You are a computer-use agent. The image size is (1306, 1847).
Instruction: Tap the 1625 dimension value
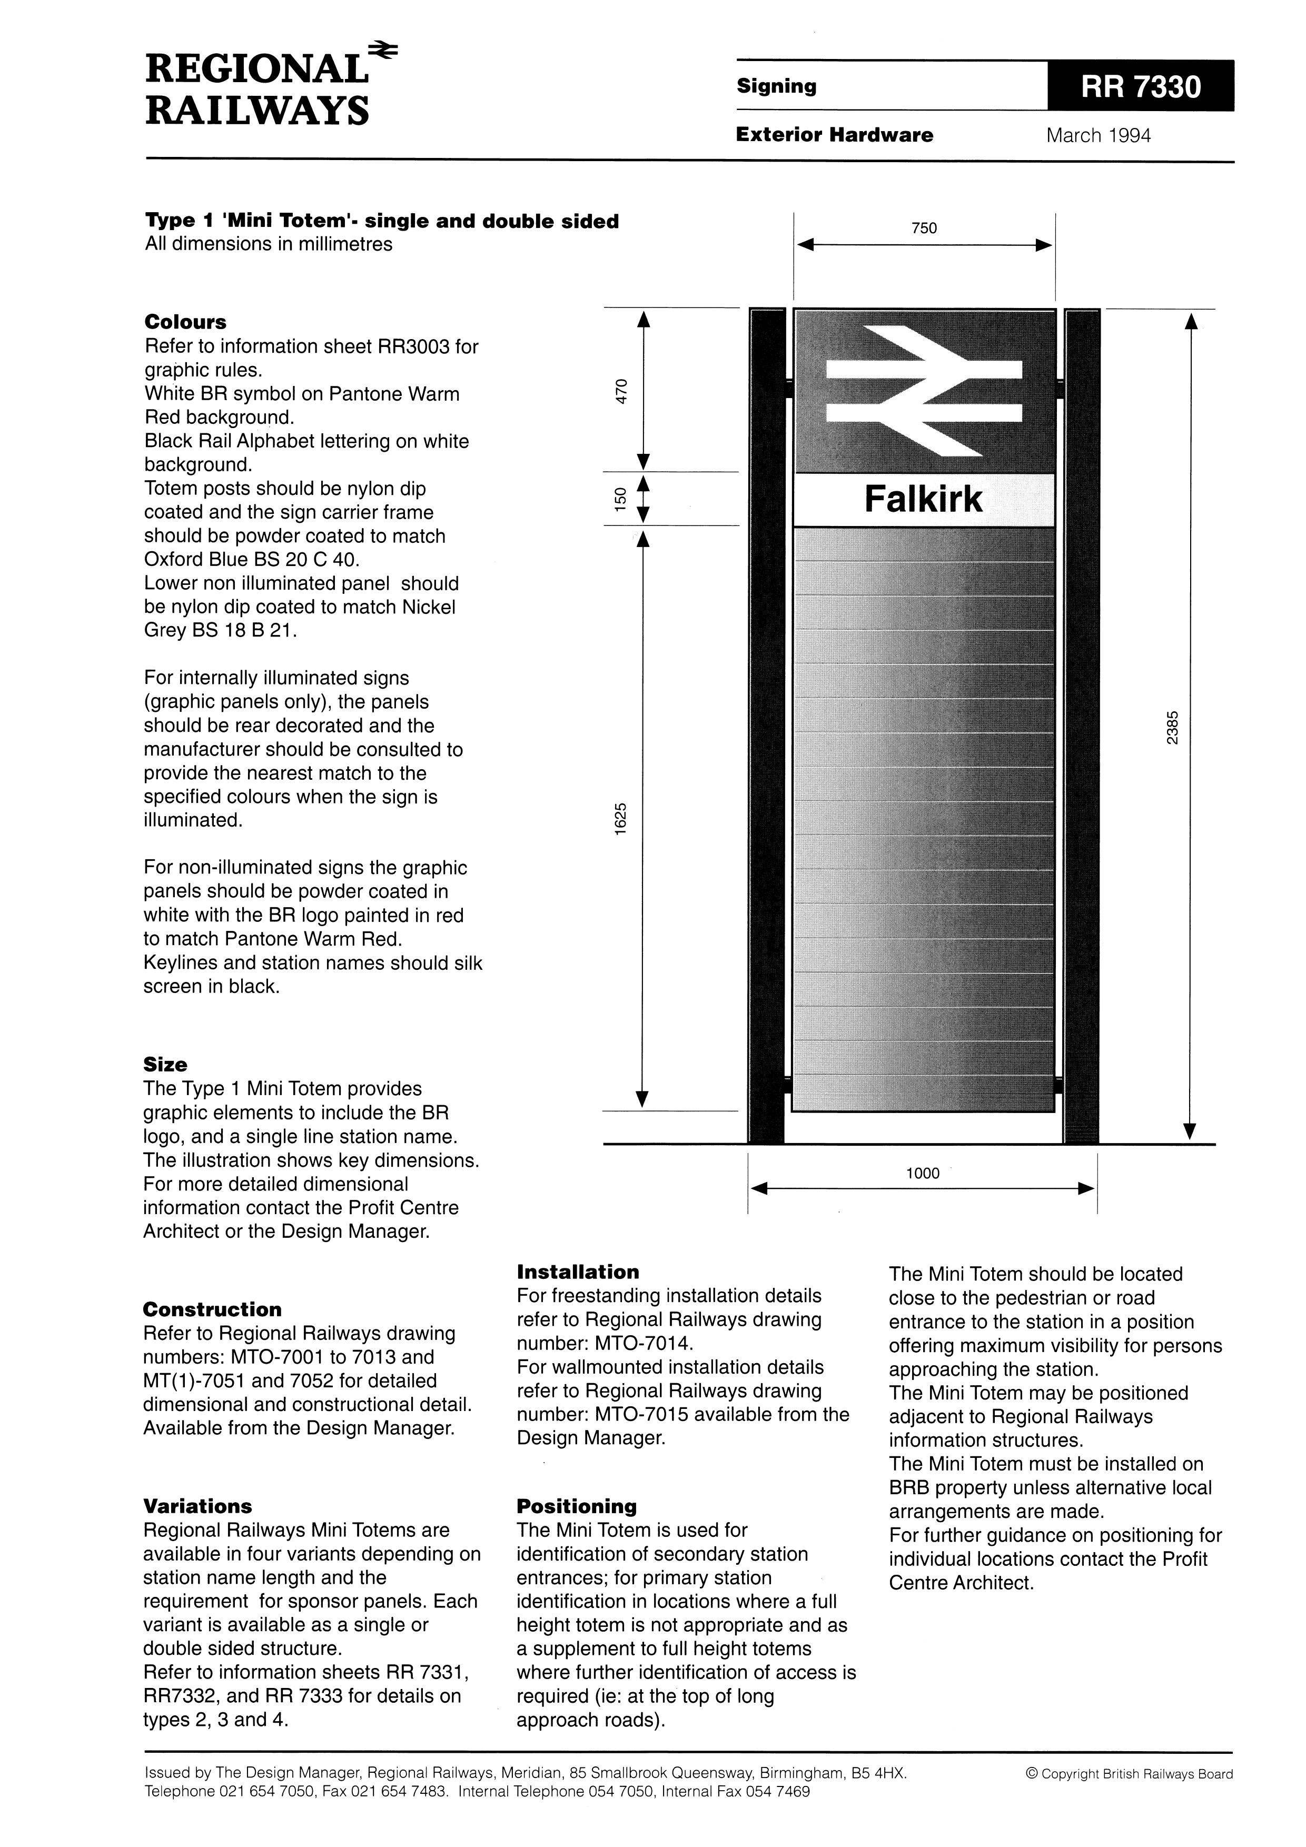click(x=620, y=819)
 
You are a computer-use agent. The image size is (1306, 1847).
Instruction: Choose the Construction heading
click(x=212, y=1309)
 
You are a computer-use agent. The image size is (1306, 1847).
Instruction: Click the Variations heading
click(x=197, y=1506)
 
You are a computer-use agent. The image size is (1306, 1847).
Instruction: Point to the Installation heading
click(x=577, y=1272)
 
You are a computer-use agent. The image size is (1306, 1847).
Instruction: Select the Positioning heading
click(x=576, y=1506)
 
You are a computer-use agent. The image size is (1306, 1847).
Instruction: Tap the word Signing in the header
click(x=776, y=86)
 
